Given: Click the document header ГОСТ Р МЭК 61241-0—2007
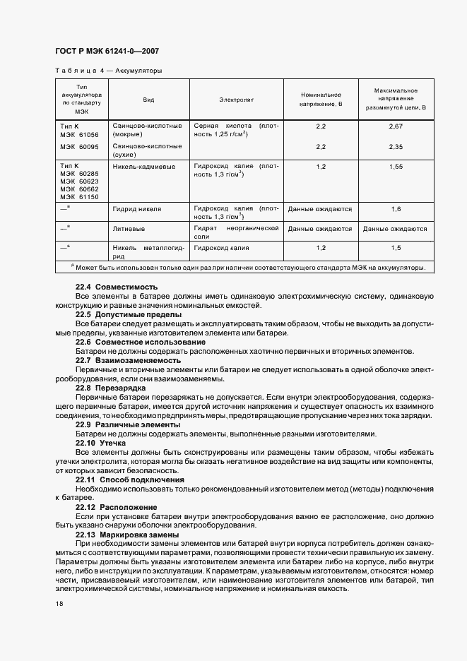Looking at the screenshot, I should pos(107,52).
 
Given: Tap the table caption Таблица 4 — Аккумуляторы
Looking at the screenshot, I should pos(108,71).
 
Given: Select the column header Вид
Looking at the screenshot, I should pos(148,100).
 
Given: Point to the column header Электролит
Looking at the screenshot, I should pos(236,100).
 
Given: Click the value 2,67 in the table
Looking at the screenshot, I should pos(395,126).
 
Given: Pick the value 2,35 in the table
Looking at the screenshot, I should pos(395,146).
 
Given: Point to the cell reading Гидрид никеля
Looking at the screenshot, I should pos(137,209).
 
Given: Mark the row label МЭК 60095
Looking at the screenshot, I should pos(80,146).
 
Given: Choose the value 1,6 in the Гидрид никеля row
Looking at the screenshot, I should pos(395,209).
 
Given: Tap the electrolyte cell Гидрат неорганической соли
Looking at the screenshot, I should pos(236,233).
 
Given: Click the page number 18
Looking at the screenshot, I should pos(59,605).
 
